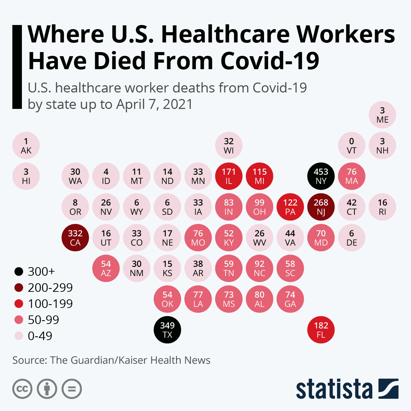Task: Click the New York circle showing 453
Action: (321, 176)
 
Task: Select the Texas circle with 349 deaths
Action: (167, 330)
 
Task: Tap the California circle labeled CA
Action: (75, 238)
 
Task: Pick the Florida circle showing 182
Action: (321, 330)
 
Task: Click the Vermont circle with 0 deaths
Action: (352, 146)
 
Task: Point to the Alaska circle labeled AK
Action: (26, 146)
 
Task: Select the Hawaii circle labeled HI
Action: (26, 176)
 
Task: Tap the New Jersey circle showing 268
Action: (321, 207)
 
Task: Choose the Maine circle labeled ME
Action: (382, 115)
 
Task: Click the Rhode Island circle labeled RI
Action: (382, 207)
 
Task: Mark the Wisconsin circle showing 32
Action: (229, 146)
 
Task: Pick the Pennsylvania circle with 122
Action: (290, 207)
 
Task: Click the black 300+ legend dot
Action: (19, 272)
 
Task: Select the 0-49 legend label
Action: (40, 336)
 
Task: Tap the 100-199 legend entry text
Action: (50, 304)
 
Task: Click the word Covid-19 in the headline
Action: (270, 61)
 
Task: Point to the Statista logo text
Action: (334, 389)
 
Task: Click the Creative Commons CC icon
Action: (22, 389)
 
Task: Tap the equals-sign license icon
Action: (72, 389)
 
